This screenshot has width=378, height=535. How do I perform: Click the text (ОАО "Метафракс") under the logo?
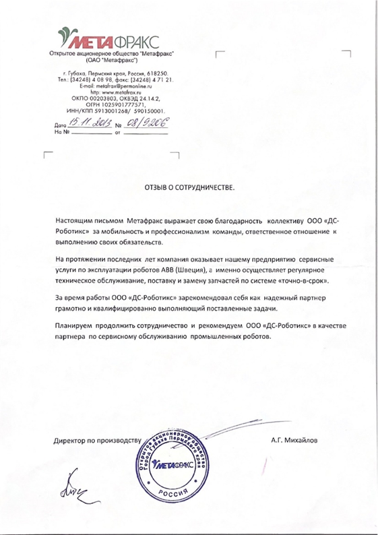click(x=112, y=59)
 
